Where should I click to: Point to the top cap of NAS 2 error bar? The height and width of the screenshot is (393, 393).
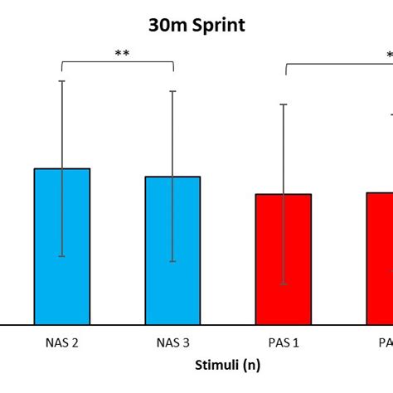pos(62,80)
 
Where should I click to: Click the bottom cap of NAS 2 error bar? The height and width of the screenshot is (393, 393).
pos(62,256)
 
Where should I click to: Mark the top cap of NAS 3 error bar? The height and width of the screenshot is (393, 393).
pos(172,90)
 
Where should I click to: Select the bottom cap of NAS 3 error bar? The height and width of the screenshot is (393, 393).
pos(172,261)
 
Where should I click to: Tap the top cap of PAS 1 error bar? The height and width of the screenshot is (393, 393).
pos(284,104)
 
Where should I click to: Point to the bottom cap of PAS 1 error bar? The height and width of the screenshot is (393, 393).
pos(284,284)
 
